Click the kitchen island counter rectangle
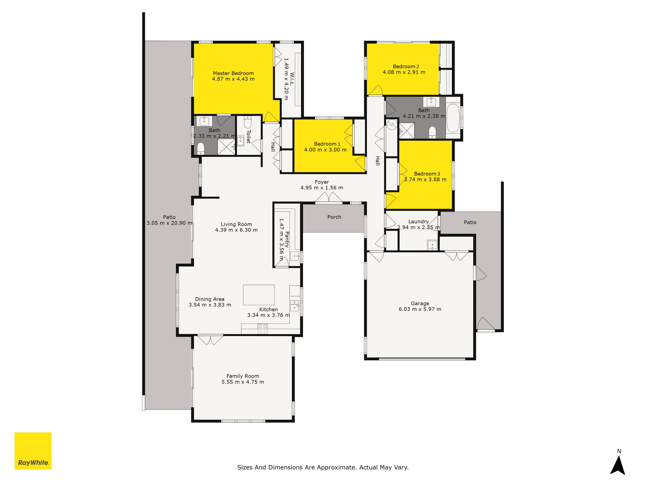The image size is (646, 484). tap(259, 295)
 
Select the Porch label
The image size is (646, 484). tap(334, 217)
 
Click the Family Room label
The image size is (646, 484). tap(243, 376)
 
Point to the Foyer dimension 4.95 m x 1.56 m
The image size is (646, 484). tap(322, 188)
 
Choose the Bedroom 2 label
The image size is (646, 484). tap(406, 66)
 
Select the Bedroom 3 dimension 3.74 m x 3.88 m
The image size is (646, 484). tap(425, 179)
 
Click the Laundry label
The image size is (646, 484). tap(418, 222)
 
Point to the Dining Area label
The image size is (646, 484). tap(210, 299)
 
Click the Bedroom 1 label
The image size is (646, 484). tap(327, 144)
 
